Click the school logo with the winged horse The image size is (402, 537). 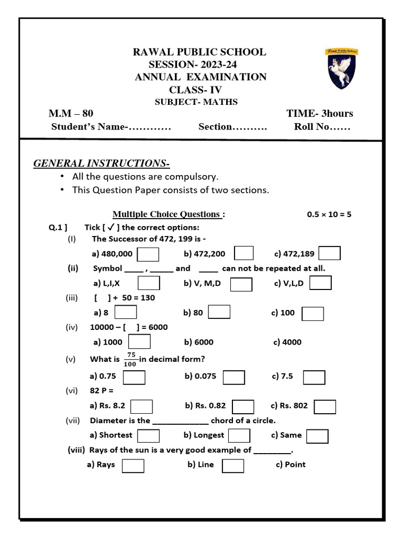[343, 69]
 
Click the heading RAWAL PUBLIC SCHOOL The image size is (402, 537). [200, 52]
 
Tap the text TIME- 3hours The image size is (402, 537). [319, 113]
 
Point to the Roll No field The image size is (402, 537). [322, 127]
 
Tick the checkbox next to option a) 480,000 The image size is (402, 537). [148, 254]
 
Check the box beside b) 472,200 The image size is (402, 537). [244, 253]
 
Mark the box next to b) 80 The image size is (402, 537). [219, 312]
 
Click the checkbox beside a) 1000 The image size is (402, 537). [139, 342]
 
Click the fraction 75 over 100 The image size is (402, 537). [131, 359]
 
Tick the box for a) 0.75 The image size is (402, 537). [135, 377]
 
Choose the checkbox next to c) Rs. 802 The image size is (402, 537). [325, 406]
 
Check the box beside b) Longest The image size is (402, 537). [239, 435]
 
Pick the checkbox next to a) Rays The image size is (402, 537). [133, 465]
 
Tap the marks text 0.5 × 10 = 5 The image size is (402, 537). [331, 214]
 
